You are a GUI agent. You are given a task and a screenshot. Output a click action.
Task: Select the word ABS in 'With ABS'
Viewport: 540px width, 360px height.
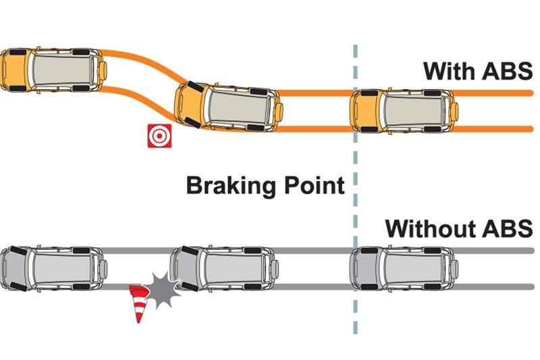507,71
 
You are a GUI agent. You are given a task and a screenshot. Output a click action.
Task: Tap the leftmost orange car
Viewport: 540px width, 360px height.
53,69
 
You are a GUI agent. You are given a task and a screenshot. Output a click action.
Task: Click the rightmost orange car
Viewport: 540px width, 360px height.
404,110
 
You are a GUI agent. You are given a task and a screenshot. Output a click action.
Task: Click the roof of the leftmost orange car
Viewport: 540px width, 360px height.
64,69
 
